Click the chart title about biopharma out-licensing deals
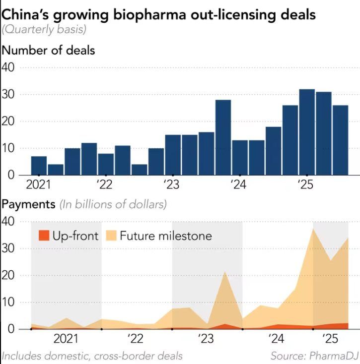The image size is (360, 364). click(x=158, y=14)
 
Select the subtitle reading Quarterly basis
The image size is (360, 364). click(x=44, y=30)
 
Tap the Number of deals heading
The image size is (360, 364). click(x=49, y=50)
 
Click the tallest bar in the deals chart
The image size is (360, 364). click(x=307, y=132)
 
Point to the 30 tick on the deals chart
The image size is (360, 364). click(x=9, y=94)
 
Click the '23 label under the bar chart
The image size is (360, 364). click(x=172, y=185)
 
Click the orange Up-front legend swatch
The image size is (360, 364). click(x=44, y=236)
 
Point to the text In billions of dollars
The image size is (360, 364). click(x=113, y=204)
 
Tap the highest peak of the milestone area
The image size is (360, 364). click(x=313, y=229)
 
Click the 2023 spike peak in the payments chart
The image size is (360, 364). click(x=225, y=272)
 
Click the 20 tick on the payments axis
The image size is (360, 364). click(x=9, y=275)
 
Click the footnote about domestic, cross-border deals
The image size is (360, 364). click(x=92, y=356)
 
